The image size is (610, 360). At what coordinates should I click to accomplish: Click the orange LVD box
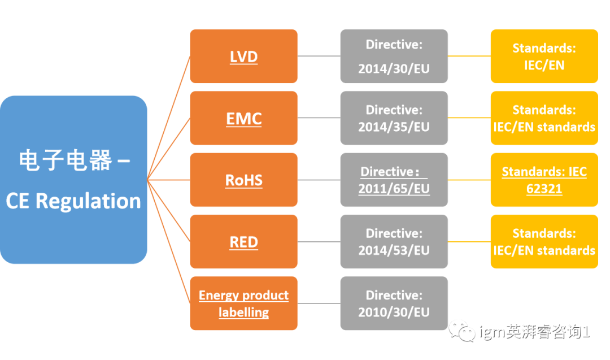pyautogui.click(x=243, y=56)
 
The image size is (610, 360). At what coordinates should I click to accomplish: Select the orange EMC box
pyautogui.click(x=243, y=118)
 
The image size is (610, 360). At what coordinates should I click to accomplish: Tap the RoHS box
pyautogui.click(x=243, y=180)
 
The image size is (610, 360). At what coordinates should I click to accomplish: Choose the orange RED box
pyautogui.click(x=243, y=242)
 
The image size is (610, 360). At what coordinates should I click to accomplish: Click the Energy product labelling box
pyautogui.click(x=243, y=303)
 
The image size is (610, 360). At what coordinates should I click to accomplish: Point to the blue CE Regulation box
pyautogui.click(x=73, y=180)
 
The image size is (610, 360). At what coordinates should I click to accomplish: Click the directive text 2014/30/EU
pyautogui.click(x=394, y=69)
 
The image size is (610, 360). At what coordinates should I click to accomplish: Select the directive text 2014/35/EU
pyautogui.click(x=394, y=127)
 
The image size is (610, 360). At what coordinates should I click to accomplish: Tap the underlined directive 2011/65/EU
pyautogui.click(x=394, y=189)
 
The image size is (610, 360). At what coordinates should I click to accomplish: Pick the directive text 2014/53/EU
pyautogui.click(x=394, y=250)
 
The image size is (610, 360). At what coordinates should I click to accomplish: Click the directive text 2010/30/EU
pyautogui.click(x=394, y=312)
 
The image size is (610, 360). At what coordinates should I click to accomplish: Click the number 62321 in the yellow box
pyautogui.click(x=544, y=189)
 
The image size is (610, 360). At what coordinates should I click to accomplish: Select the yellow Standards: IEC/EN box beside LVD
pyautogui.click(x=544, y=56)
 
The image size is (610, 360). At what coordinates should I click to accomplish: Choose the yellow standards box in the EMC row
pyautogui.click(x=544, y=118)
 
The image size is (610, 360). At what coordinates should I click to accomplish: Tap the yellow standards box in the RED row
pyautogui.click(x=544, y=242)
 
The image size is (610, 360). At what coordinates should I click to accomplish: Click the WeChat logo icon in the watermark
pyautogui.click(x=462, y=331)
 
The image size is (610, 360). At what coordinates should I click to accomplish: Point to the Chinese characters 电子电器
pyautogui.click(x=66, y=160)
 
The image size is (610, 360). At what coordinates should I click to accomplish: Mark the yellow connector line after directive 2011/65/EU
pyautogui.click(x=469, y=180)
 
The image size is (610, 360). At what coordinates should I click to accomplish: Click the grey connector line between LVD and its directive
pyautogui.click(x=319, y=56)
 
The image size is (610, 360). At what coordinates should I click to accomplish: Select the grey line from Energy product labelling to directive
pyautogui.click(x=319, y=303)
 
